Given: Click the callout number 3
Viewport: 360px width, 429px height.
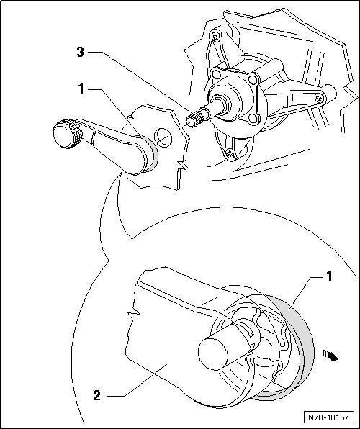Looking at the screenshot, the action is click(80, 52).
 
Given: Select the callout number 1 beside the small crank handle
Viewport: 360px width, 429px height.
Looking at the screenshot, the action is click(81, 89).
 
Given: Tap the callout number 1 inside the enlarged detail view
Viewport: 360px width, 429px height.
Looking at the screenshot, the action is click(329, 276).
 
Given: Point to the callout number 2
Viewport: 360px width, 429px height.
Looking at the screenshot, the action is click(97, 396).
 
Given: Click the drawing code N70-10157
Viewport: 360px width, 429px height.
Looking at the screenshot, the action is click(328, 417).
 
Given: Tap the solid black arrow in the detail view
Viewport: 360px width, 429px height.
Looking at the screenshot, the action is click(330, 356).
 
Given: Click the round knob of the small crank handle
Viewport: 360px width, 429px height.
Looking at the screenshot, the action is click(66, 134).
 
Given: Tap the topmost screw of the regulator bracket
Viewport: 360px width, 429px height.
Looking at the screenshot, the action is click(216, 37).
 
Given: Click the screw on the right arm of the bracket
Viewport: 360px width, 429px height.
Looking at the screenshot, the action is click(318, 98).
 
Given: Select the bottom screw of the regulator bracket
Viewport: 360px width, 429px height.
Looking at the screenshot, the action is click(230, 153).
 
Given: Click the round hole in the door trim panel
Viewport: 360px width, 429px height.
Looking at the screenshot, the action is click(163, 137).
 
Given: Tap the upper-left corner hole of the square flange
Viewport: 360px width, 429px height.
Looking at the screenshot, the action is click(216, 74).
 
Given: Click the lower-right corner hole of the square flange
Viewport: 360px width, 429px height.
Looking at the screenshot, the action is click(253, 118).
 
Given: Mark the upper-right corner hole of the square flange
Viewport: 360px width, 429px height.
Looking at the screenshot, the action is click(253, 80).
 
